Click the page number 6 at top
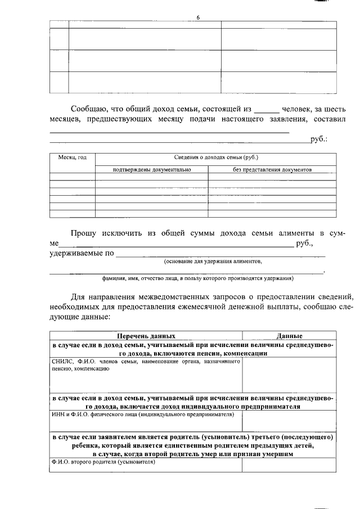198,17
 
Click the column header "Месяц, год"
73,159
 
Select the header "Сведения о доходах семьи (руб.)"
216,159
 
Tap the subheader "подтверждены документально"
152,169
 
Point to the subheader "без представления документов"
272,169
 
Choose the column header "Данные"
290,336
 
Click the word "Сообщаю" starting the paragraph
92,109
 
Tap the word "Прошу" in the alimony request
83,233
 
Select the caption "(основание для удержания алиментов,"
213,262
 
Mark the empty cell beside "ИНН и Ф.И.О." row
289,421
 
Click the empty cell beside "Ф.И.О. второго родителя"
289,465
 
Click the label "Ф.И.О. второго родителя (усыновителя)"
103,462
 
